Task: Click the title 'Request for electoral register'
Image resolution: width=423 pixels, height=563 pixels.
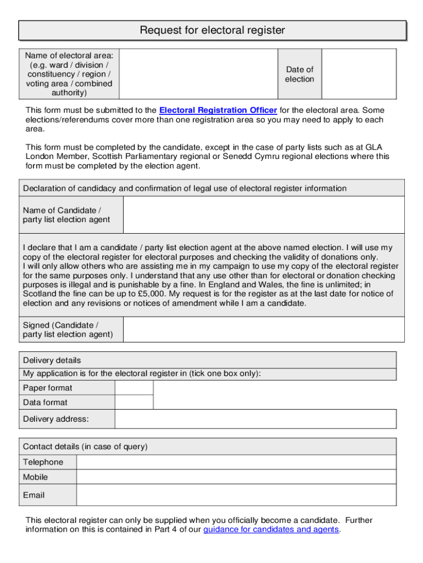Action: [212, 30]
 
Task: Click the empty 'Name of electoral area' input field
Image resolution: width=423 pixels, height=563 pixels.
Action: [198, 74]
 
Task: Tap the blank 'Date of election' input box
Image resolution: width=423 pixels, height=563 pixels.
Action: [359, 74]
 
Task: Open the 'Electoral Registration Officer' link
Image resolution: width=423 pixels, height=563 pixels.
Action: [218, 111]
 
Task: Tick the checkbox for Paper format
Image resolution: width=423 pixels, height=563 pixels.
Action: [134, 388]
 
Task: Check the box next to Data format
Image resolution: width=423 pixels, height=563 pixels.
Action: [134, 402]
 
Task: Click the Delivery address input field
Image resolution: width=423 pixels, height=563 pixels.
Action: [255, 419]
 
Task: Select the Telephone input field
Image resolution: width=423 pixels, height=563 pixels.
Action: [236, 462]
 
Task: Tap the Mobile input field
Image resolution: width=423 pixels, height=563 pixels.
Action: [236, 477]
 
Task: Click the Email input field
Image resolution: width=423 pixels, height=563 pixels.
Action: [236, 495]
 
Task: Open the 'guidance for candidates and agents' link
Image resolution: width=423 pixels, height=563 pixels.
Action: [271, 530]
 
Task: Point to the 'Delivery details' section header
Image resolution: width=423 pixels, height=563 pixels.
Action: [52, 360]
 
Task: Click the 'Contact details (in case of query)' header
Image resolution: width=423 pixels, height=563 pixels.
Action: [85, 446]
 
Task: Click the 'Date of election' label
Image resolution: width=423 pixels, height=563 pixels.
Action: [299, 74]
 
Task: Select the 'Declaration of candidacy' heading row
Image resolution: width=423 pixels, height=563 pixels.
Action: [185, 189]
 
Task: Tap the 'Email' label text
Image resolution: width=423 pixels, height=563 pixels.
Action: [34, 495]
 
